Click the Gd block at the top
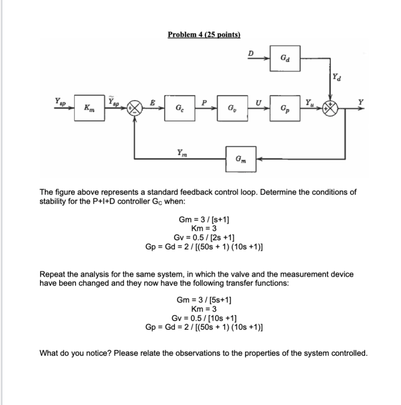[x=285, y=59]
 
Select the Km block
[x=88, y=108]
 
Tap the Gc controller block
[x=180, y=108]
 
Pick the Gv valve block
[x=232, y=108]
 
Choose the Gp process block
[x=285, y=108]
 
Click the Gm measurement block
[x=241, y=159]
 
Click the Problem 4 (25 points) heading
[x=204, y=34]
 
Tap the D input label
[x=250, y=53]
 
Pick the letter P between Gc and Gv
[x=204, y=102]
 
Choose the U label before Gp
[x=259, y=102]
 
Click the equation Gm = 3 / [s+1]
[x=204, y=220]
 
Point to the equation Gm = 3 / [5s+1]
[x=204, y=301]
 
